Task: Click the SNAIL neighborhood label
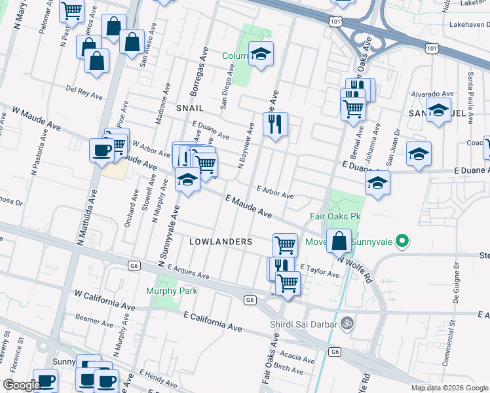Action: coord(190,107)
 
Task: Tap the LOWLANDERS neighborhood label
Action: coord(221,242)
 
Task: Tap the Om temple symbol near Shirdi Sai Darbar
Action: coord(347,323)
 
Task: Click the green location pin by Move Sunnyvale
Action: coord(404,242)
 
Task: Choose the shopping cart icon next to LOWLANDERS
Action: coord(285,244)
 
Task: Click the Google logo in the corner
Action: coord(22,386)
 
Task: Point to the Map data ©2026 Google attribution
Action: coord(449,388)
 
